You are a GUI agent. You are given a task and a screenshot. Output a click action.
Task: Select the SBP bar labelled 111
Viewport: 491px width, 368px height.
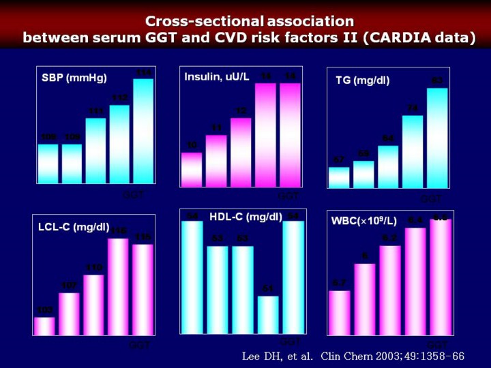point(95,151)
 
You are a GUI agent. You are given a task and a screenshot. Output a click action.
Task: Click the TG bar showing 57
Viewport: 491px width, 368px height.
point(339,177)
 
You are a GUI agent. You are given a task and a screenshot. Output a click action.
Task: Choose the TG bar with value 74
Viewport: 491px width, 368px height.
point(413,151)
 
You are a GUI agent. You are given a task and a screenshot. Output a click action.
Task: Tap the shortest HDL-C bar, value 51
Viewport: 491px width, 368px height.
point(267,314)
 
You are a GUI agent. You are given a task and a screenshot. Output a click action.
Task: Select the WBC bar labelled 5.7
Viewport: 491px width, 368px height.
point(340,313)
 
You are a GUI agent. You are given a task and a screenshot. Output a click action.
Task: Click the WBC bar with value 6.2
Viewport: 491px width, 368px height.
point(390,290)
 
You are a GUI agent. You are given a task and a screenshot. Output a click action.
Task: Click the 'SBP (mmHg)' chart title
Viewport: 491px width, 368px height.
point(74,78)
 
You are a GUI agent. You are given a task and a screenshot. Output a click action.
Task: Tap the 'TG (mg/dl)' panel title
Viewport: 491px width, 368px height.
point(362,80)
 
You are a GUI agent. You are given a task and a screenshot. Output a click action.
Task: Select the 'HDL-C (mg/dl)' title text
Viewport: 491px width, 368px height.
point(245,217)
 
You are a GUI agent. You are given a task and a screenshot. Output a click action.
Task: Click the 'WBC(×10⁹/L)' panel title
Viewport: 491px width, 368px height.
point(363,221)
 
